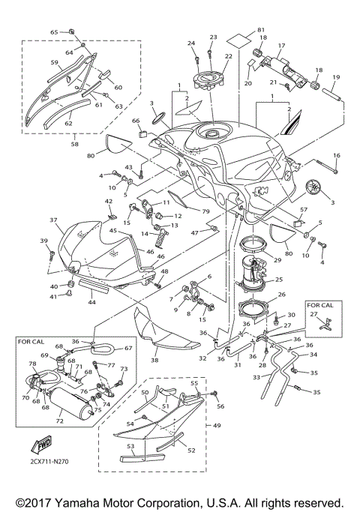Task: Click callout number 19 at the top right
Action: click(336, 77)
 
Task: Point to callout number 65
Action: click(53, 32)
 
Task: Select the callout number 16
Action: click(337, 155)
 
